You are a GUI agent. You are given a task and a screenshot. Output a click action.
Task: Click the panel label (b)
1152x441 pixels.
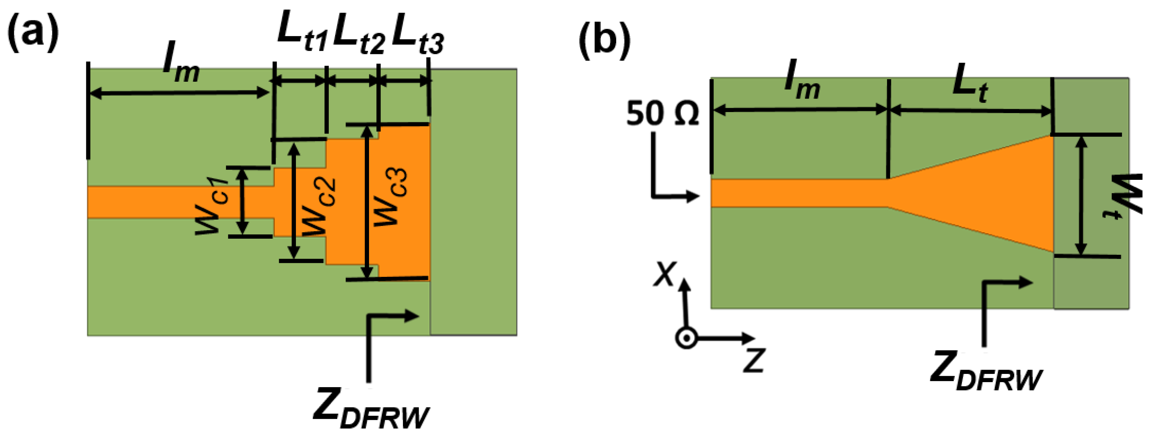pos(605,41)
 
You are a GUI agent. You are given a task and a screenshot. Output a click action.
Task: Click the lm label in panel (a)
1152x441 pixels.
pos(181,67)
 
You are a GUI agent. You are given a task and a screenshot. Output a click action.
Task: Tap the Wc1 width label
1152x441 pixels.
pos(212,207)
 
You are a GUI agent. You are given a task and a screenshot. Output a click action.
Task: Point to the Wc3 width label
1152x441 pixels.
pos(390,197)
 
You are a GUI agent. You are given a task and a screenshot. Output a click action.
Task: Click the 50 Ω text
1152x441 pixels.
pos(662,114)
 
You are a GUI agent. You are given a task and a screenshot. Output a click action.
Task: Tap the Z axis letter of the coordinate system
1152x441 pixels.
pos(754,360)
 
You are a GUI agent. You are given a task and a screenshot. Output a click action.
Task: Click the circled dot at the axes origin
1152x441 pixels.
pos(686,339)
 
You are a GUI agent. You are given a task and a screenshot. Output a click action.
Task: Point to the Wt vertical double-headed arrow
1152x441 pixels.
pos(1081,196)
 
